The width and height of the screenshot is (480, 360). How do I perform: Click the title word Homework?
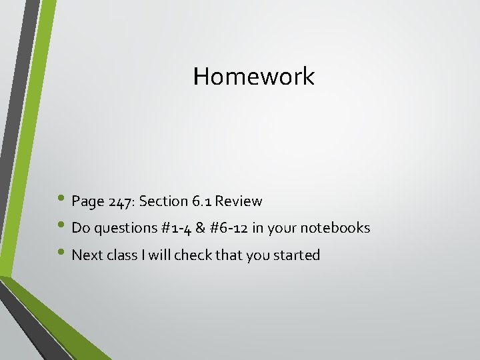(x=253, y=77)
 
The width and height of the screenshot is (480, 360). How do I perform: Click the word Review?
(x=239, y=201)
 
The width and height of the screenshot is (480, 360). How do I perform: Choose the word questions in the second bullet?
(x=125, y=228)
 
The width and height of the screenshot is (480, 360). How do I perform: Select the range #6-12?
(x=231, y=228)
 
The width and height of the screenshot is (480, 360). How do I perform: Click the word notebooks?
(x=335, y=228)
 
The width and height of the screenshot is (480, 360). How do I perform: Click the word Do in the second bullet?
(x=80, y=228)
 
